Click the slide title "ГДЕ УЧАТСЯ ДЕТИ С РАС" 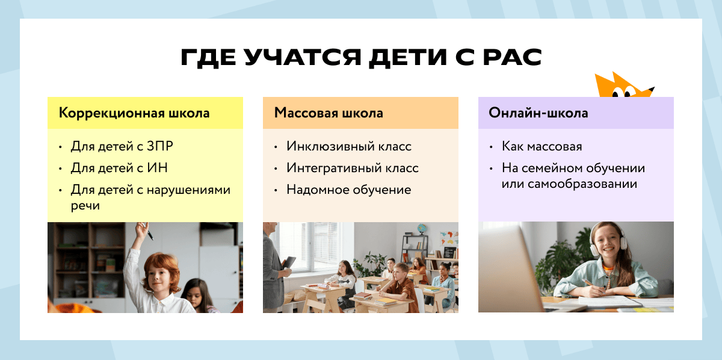[x=361, y=58]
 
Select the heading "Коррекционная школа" [x=134, y=113]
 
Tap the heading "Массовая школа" [x=329, y=113]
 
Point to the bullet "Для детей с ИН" [x=119, y=168]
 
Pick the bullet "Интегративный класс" [x=353, y=168]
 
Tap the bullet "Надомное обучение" [x=349, y=190]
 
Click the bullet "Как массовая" [x=542, y=146]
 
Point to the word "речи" [x=85, y=205]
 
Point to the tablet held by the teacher [x=289, y=262]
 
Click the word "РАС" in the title [x=511, y=58]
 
